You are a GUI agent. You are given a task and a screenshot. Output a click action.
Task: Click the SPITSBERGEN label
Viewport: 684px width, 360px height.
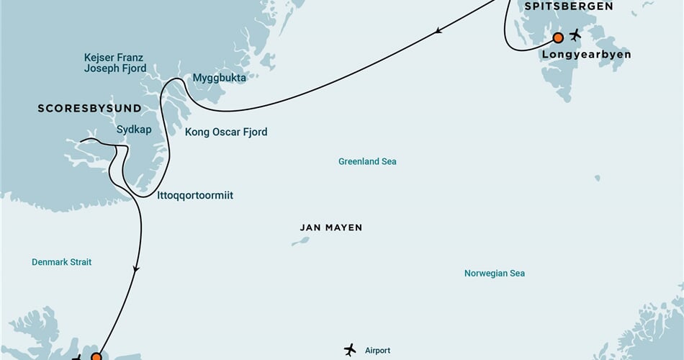pyautogui.click(x=578, y=6)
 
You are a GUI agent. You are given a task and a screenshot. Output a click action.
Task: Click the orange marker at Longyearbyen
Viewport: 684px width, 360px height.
pyautogui.click(x=557, y=37)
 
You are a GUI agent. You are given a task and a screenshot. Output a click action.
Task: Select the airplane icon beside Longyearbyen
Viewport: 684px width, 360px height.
pyautogui.click(x=575, y=35)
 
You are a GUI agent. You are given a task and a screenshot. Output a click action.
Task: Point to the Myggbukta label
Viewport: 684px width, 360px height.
pyautogui.click(x=220, y=78)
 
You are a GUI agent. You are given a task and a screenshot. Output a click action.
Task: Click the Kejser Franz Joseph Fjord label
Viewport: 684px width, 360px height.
pyautogui.click(x=114, y=63)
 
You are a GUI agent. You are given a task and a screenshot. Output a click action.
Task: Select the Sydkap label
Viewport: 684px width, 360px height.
pyautogui.click(x=135, y=130)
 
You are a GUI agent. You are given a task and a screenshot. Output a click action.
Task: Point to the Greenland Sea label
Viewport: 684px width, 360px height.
pyautogui.click(x=367, y=161)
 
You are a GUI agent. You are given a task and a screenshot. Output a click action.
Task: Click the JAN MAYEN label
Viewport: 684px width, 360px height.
pyautogui.click(x=330, y=228)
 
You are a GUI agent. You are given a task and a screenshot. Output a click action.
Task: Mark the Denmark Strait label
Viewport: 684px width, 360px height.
pyautogui.click(x=61, y=262)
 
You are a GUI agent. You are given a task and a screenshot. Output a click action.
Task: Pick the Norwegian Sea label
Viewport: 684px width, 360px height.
pyautogui.click(x=494, y=274)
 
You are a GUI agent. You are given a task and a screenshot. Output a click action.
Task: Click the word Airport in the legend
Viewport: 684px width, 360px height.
pyautogui.click(x=377, y=351)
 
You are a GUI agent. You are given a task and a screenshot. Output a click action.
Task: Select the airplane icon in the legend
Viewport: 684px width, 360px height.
pyautogui.click(x=350, y=350)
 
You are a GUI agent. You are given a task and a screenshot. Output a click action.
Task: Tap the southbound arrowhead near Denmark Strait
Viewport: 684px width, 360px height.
pyautogui.click(x=135, y=269)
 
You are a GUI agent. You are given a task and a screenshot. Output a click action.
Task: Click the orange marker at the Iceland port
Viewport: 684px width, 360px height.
pyautogui.click(x=96, y=356)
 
